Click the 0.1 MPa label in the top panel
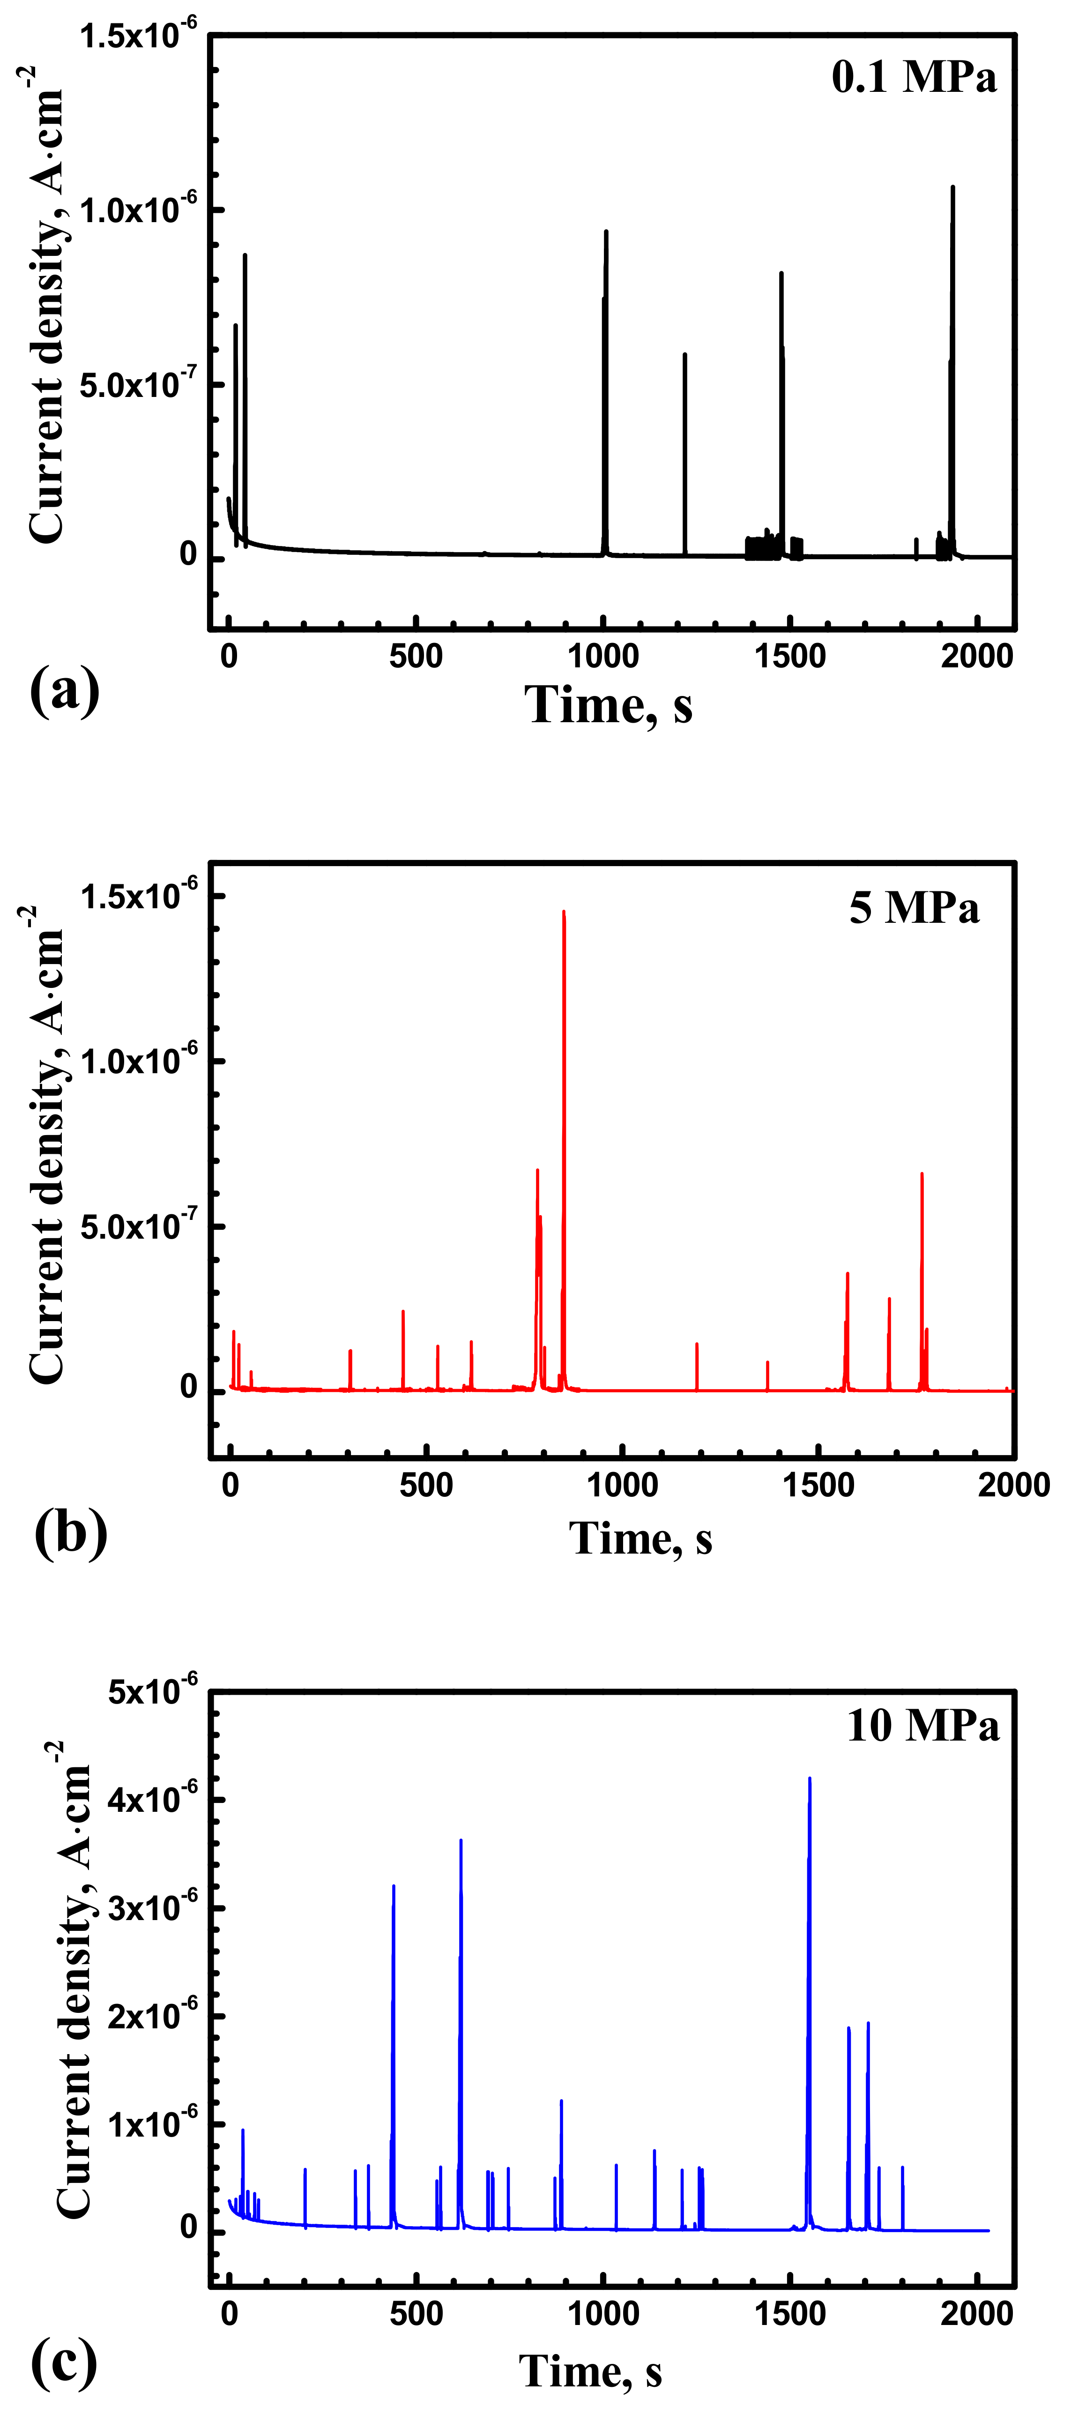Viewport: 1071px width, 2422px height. tap(913, 77)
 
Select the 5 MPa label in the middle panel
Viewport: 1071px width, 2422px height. tap(914, 907)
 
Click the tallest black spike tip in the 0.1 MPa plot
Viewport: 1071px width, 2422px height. tap(952, 187)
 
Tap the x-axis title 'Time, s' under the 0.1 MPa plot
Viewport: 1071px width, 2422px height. tap(609, 705)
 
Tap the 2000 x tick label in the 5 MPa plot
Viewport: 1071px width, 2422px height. tap(1013, 1486)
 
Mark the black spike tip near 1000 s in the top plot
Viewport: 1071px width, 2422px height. tap(606, 232)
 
